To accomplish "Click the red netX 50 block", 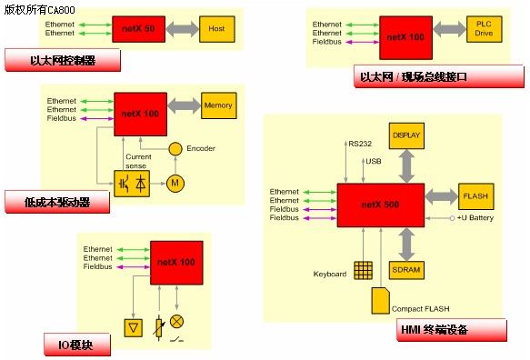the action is tap(138, 29).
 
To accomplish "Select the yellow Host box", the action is tap(217, 29).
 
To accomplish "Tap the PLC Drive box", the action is tap(484, 29).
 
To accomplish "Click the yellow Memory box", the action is tap(219, 105).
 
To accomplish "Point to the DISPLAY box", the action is tap(406, 135).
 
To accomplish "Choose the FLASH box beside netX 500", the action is tap(476, 196).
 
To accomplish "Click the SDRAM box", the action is tap(406, 270).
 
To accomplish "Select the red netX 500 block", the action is tap(381, 205).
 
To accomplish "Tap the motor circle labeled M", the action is tap(175, 184).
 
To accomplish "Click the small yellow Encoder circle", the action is tap(175, 149).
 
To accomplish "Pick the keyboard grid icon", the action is tap(364, 270).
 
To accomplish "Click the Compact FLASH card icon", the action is tap(380, 301).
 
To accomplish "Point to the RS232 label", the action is tap(360, 144).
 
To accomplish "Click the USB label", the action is tap(374, 161).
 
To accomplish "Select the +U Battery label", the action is tap(475, 218).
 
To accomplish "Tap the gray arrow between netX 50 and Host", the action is tap(183, 29).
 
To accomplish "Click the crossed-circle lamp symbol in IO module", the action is tap(176, 321).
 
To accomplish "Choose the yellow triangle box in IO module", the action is tap(133, 327).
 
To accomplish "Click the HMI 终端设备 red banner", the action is tap(452, 330).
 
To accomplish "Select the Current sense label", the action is tap(138, 161).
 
